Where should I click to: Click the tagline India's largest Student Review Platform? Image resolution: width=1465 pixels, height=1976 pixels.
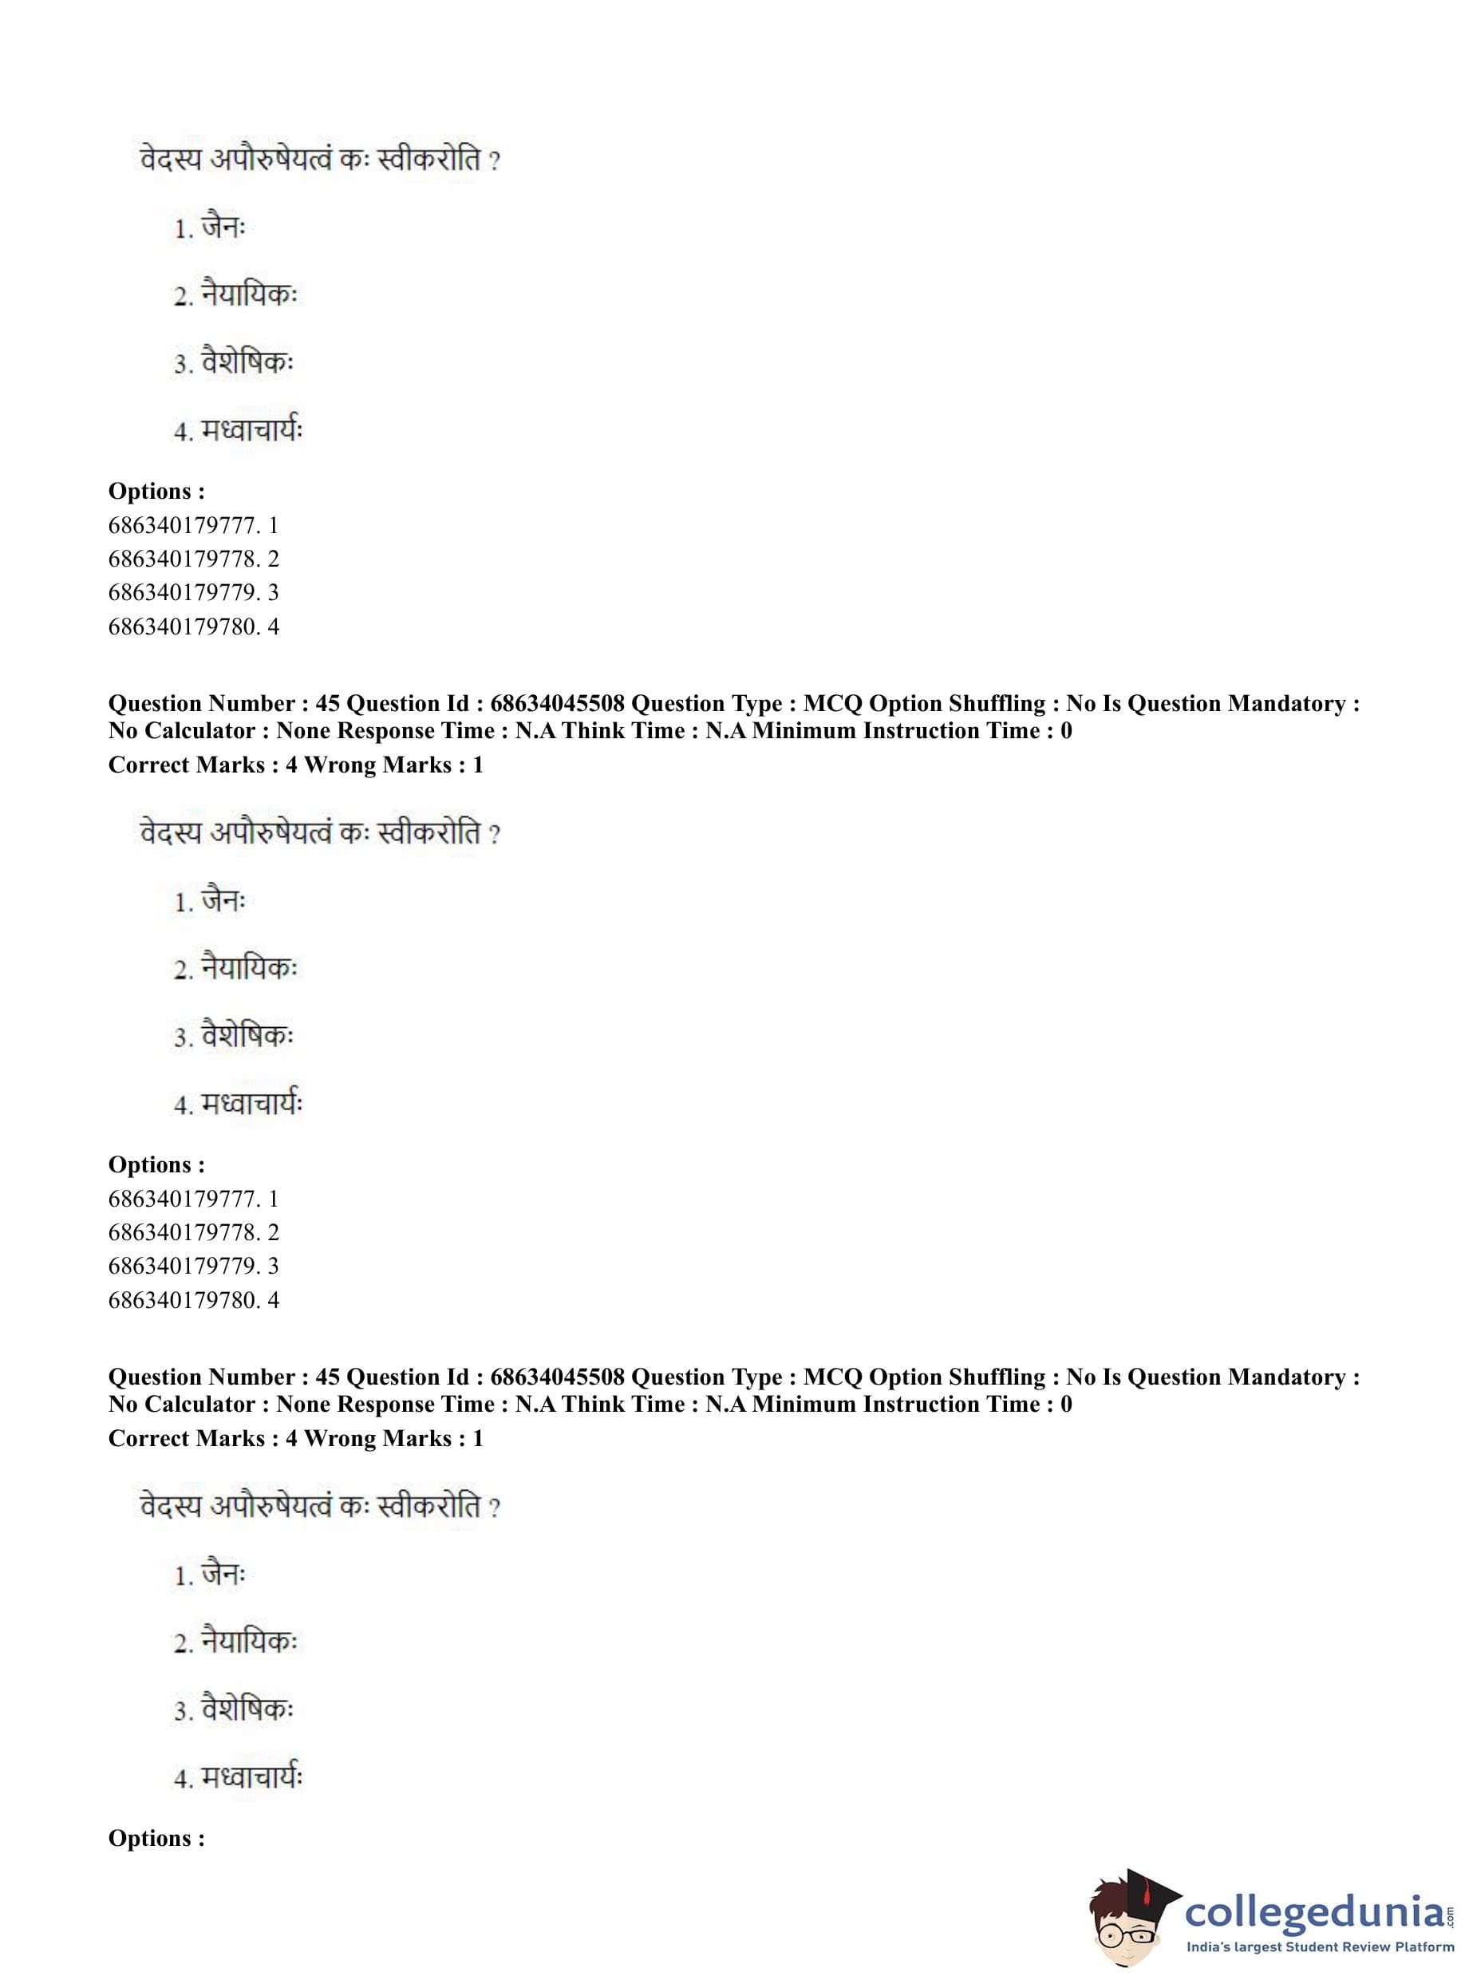pyautogui.click(x=1320, y=1946)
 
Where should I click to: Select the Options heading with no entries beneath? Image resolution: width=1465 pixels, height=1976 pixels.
pyautogui.click(x=156, y=1838)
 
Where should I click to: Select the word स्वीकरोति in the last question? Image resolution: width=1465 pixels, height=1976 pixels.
pyautogui.click(x=429, y=1507)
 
